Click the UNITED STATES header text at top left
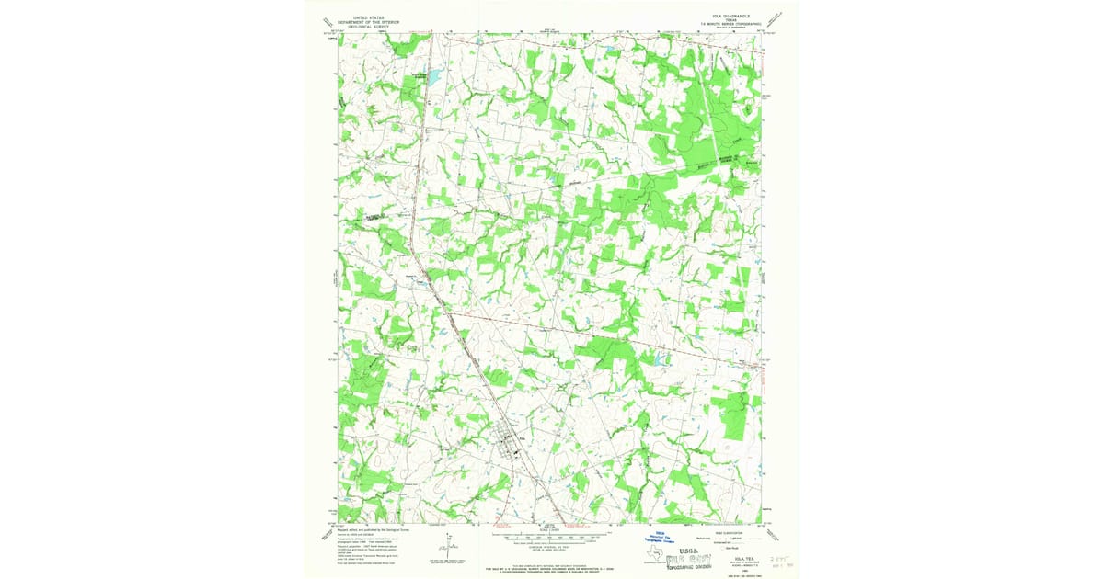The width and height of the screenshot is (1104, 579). click(x=364, y=16)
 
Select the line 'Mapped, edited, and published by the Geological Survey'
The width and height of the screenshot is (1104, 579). click(x=374, y=529)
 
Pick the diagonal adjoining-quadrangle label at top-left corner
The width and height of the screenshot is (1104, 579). click(x=327, y=23)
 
